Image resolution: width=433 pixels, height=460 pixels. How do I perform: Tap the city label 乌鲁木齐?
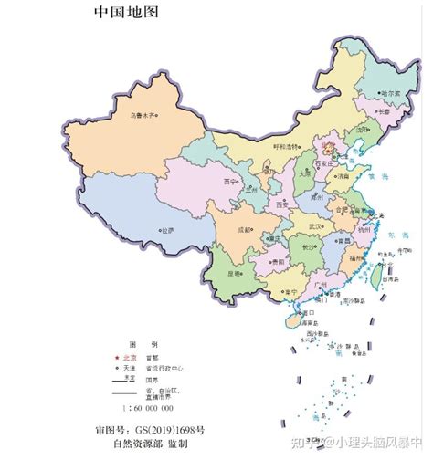(143, 114)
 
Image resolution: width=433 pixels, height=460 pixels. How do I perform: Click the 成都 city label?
(242, 230)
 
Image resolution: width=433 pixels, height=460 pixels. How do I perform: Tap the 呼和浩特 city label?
(287, 146)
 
